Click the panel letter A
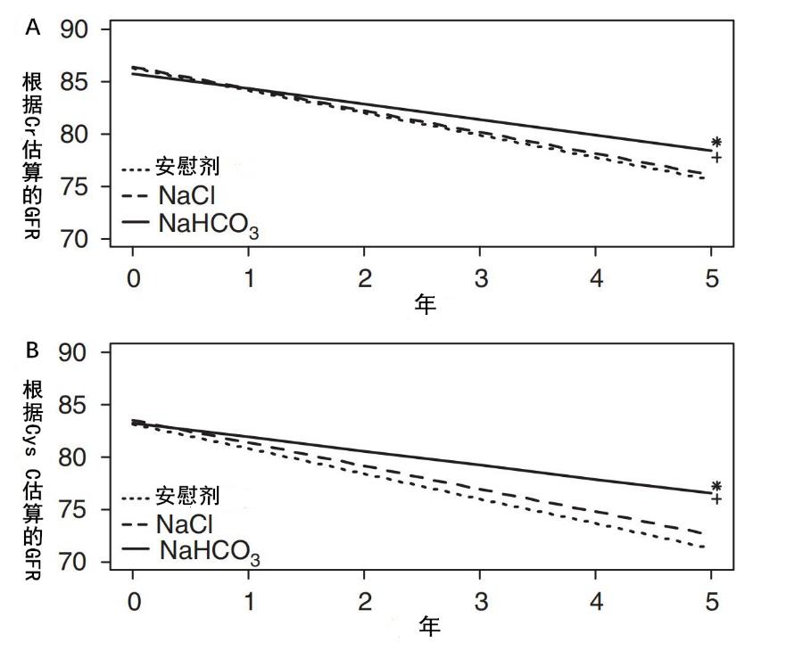[x=33, y=28]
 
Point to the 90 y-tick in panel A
[x=77, y=29]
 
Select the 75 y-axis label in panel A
[x=77, y=187]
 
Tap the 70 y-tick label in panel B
[x=77, y=564]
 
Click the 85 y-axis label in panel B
[x=77, y=406]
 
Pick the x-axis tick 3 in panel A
[x=482, y=278]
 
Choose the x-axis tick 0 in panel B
[x=134, y=601]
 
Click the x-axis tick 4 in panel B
[x=597, y=601]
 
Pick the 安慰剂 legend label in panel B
[x=186, y=494]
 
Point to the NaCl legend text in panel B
[x=184, y=523]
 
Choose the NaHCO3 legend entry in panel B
[x=210, y=551]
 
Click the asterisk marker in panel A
[x=716, y=143]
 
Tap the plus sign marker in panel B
[x=716, y=499]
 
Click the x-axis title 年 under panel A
[x=425, y=304]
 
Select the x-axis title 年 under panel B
[x=428, y=627]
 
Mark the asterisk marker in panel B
[x=716, y=487]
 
